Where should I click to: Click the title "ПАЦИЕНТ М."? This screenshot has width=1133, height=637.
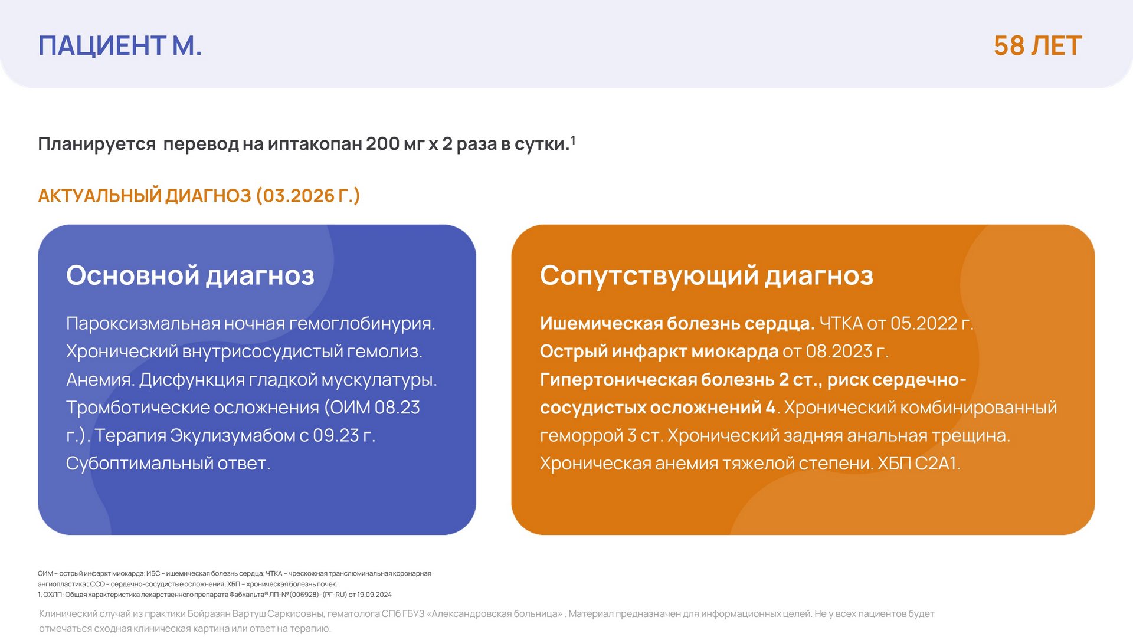point(120,45)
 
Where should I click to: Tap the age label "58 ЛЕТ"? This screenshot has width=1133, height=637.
point(1037,45)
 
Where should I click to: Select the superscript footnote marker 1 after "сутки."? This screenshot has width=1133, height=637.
point(573,140)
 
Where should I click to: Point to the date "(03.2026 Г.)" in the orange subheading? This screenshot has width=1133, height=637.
point(308,195)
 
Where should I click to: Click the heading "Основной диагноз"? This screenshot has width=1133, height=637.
point(190,275)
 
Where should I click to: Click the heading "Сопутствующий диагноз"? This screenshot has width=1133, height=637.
point(706,275)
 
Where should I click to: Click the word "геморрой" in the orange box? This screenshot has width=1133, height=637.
point(581,436)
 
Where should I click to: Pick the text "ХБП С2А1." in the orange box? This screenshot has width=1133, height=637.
point(919,464)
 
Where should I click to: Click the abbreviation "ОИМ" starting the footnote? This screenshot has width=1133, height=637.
point(45,573)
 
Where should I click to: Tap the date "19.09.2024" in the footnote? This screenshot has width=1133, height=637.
point(375,595)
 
